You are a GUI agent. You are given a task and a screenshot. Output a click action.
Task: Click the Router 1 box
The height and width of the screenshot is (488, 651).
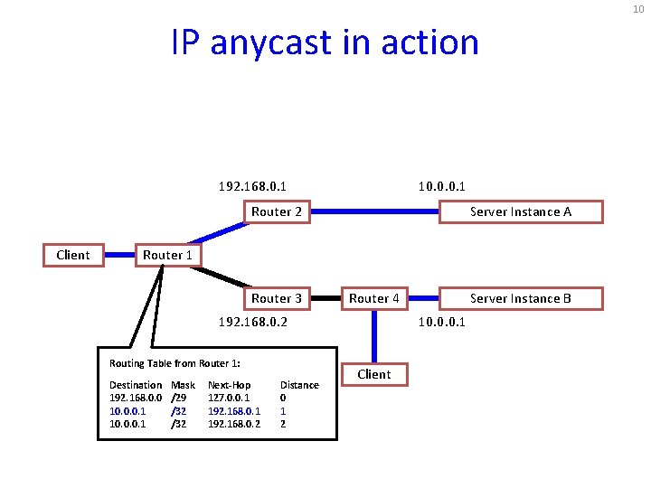click(167, 255)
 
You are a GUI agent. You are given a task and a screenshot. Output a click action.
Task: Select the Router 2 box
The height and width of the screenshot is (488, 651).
click(276, 211)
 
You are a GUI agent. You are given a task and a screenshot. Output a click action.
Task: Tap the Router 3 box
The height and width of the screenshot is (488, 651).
click(276, 298)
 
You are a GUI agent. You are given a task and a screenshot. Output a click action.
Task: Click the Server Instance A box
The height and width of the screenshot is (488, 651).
click(521, 211)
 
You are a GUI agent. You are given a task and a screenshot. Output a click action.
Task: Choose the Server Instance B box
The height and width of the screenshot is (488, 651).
click(521, 298)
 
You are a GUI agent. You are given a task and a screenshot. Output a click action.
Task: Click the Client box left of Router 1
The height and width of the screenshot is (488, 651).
click(72, 255)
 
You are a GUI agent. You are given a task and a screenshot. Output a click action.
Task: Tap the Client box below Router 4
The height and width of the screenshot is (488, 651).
click(373, 374)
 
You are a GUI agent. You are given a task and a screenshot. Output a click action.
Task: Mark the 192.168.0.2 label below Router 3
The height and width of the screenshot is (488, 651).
click(253, 321)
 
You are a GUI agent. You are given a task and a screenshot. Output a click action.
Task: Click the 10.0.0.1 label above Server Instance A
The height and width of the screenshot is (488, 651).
click(441, 186)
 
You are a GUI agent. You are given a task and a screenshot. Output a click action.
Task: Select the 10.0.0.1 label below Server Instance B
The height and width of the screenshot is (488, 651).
click(441, 321)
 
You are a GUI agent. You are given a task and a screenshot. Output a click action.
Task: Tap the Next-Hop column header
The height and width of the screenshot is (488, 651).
click(229, 385)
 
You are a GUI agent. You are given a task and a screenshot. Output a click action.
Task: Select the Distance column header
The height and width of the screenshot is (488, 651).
click(299, 385)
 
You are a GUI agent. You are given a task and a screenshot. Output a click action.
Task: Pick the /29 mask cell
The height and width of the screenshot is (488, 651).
click(179, 397)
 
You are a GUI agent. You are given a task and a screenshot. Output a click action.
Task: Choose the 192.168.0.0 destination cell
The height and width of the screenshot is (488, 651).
click(136, 397)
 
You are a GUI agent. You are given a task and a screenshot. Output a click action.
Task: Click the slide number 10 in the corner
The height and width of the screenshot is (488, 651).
click(638, 8)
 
